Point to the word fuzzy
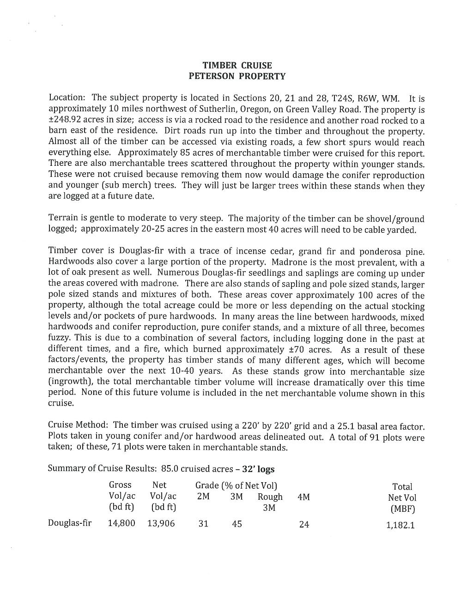click(59, 338)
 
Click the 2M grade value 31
click(203, 524)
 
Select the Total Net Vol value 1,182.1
click(400, 525)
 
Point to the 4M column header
click(303, 497)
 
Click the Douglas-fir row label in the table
click(70, 523)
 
